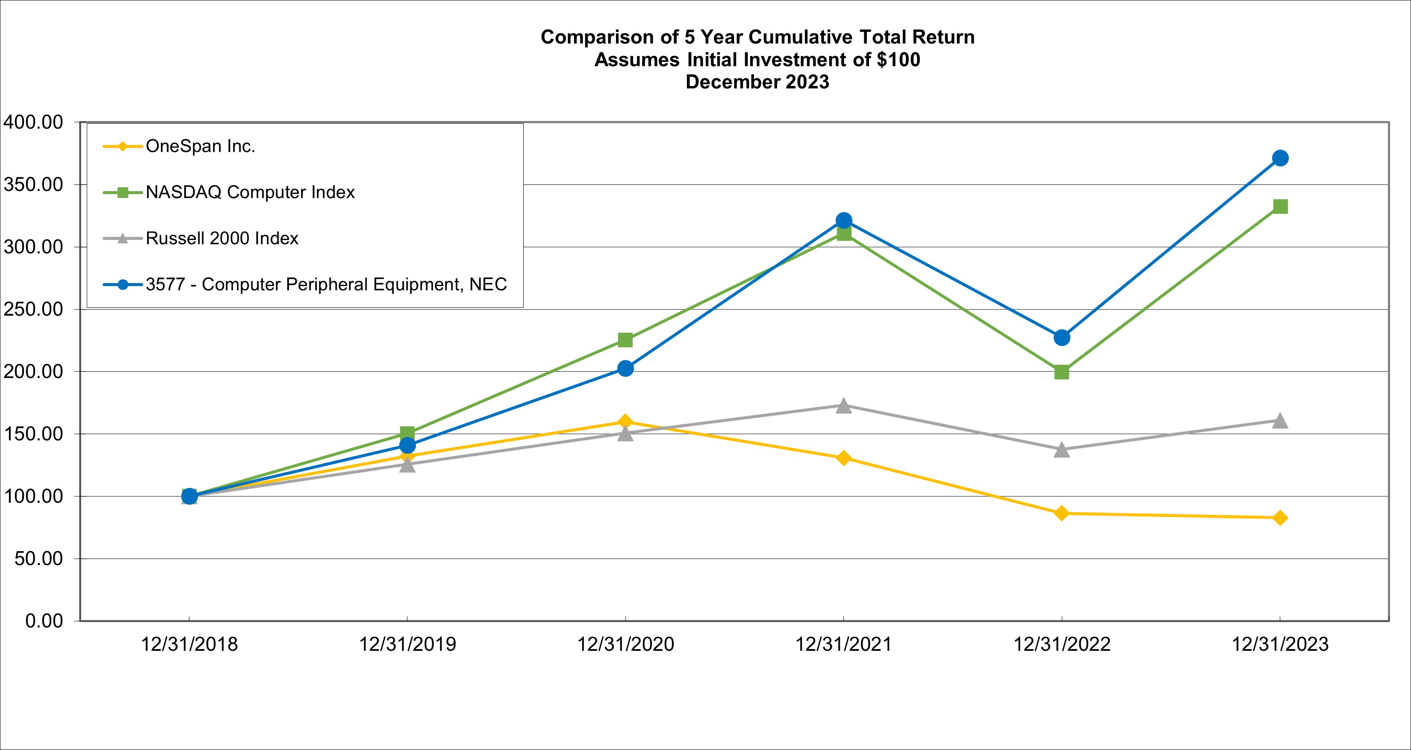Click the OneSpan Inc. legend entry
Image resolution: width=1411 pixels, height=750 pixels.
pyautogui.click(x=200, y=146)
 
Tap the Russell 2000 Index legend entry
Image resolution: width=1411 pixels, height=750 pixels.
pyautogui.click(x=222, y=238)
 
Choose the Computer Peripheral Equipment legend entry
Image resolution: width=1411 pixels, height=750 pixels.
pyautogui.click(x=326, y=284)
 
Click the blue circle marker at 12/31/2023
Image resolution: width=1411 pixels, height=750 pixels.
pyautogui.click(x=1280, y=158)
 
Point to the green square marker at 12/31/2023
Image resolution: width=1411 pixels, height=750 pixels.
pyautogui.click(x=1280, y=207)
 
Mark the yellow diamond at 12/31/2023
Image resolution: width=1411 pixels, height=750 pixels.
pyautogui.click(x=1280, y=518)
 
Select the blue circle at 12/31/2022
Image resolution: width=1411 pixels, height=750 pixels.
pyautogui.click(x=1061, y=337)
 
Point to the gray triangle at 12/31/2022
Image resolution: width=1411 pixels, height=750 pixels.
pyautogui.click(x=1061, y=450)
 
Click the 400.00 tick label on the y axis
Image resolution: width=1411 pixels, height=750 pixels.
pyautogui.click(x=34, y=122)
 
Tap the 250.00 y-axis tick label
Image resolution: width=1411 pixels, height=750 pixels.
pyautogui.click(x=34, y=310)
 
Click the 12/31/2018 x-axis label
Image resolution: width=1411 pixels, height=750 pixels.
pyautogui.click(x=189, y=644)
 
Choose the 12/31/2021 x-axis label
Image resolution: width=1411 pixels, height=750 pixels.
pyautogui.click(x=843, y=644)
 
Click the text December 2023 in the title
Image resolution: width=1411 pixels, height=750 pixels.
pyautogui.click(x=757, y=82)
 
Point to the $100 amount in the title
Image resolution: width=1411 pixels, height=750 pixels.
pyautogui.click(x=898, y=60)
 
